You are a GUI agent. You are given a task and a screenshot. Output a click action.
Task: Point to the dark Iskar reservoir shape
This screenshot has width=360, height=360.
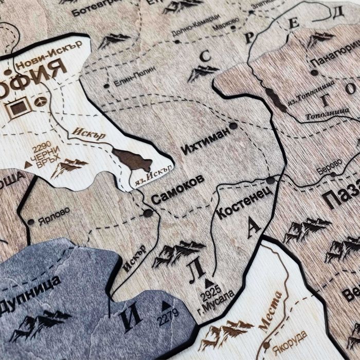(x=133, y=160)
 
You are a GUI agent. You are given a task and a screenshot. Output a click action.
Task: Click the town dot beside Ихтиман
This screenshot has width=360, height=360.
(x=233, y=125)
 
